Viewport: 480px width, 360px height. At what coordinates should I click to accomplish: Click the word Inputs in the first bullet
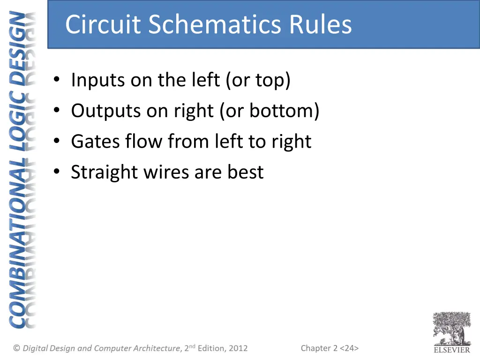98,81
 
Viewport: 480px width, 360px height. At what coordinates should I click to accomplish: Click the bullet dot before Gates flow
57,142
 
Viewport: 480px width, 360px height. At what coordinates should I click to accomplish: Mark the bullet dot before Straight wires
57,172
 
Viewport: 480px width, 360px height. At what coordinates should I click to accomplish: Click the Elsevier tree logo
451,328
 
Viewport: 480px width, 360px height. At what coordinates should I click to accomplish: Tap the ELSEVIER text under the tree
451,350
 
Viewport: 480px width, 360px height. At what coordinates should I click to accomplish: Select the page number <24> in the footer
350,348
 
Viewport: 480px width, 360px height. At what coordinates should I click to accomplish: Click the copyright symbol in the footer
17,348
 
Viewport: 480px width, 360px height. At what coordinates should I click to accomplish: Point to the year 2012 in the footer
238,348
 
